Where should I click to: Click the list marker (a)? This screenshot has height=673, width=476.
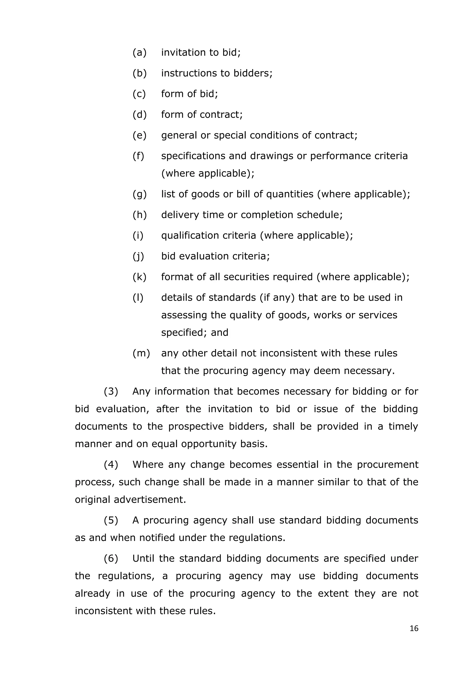click(139, 53)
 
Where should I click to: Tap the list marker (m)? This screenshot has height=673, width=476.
click(141, 353)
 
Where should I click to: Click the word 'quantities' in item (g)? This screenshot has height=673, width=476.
click(290, 194)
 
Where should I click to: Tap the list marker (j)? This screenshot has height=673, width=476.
click(138, 256)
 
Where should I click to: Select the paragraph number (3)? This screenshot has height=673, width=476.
click(111, 392)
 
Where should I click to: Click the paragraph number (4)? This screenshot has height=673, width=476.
click(111, 465)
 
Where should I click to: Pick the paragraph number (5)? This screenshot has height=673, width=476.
click(111, 520)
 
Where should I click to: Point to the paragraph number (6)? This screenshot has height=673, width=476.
click(111, 558)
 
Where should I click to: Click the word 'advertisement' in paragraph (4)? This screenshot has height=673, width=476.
click(149, 500)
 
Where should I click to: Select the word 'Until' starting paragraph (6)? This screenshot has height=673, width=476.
click(143, 558)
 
